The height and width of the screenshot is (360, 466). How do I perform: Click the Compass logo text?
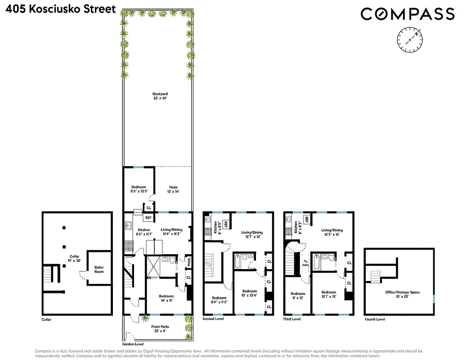[408, 14]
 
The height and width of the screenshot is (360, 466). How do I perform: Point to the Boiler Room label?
[99, 270]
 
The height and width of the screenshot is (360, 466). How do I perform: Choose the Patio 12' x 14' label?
[173, 189]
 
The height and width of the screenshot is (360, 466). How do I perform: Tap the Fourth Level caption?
[375, 319]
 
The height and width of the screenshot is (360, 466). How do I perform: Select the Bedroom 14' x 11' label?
[166, 298]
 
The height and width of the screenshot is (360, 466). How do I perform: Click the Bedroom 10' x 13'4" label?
[250, 293]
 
